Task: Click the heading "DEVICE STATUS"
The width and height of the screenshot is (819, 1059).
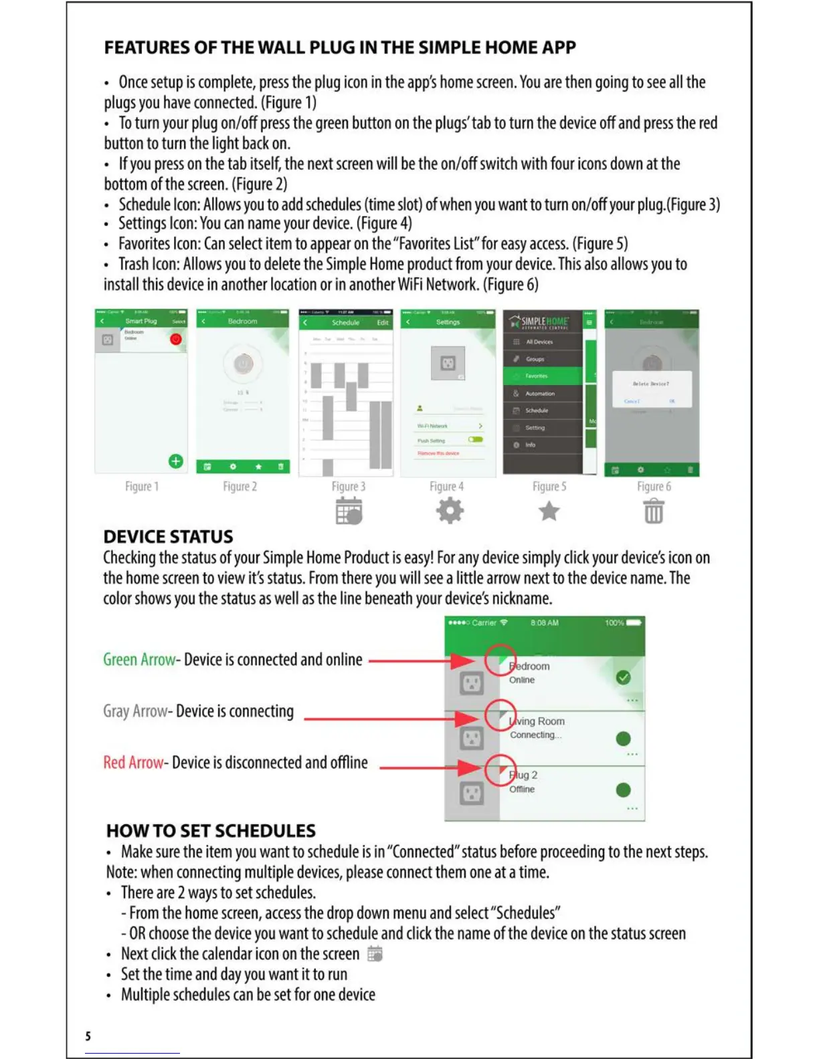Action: tap(168, 537)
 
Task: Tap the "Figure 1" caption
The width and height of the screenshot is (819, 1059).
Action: tap(142, 487)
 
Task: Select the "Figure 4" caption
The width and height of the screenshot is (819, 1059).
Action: tap(446, 487)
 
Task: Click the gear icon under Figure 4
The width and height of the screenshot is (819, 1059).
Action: tap(450, 511)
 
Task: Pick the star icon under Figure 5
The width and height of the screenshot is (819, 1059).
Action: tap(549, 511)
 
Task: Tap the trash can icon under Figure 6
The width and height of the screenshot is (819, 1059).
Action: tap(654, 511)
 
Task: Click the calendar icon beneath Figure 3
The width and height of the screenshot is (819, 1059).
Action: tap(349, 511)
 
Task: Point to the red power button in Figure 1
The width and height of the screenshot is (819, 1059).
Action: tap(175, 339)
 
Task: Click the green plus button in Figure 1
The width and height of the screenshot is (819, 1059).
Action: tap(175, 461)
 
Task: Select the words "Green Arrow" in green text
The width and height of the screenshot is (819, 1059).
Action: tap(139, 660)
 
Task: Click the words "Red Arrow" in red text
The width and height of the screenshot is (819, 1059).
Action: tap(133, 763)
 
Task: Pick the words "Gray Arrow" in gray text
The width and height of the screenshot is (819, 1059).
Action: tap(135, 711)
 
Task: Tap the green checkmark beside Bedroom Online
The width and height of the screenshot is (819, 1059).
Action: tap(623, 678)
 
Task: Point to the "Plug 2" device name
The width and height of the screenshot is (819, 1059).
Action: tap(523, 775)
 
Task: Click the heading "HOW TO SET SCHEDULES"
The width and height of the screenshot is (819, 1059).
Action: tap(211, 831)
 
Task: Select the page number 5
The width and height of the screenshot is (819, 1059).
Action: tap(88, 1036)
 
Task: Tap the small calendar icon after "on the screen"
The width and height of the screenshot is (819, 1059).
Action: tap(375, 954)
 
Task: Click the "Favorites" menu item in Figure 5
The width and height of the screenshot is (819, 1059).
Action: tap(537, 376)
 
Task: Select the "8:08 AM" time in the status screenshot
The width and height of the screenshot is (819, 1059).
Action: tap(544, 623)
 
